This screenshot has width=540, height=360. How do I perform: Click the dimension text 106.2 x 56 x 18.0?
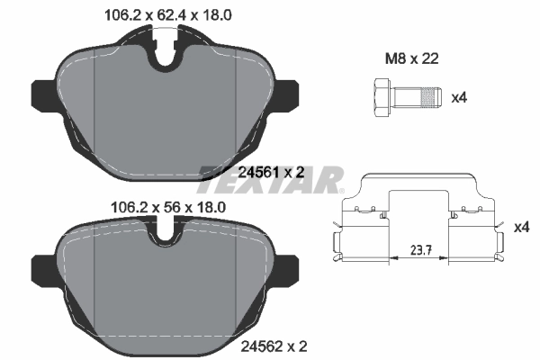tap(157, 206)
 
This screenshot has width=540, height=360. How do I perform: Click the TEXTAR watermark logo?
tap(270, 178)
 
